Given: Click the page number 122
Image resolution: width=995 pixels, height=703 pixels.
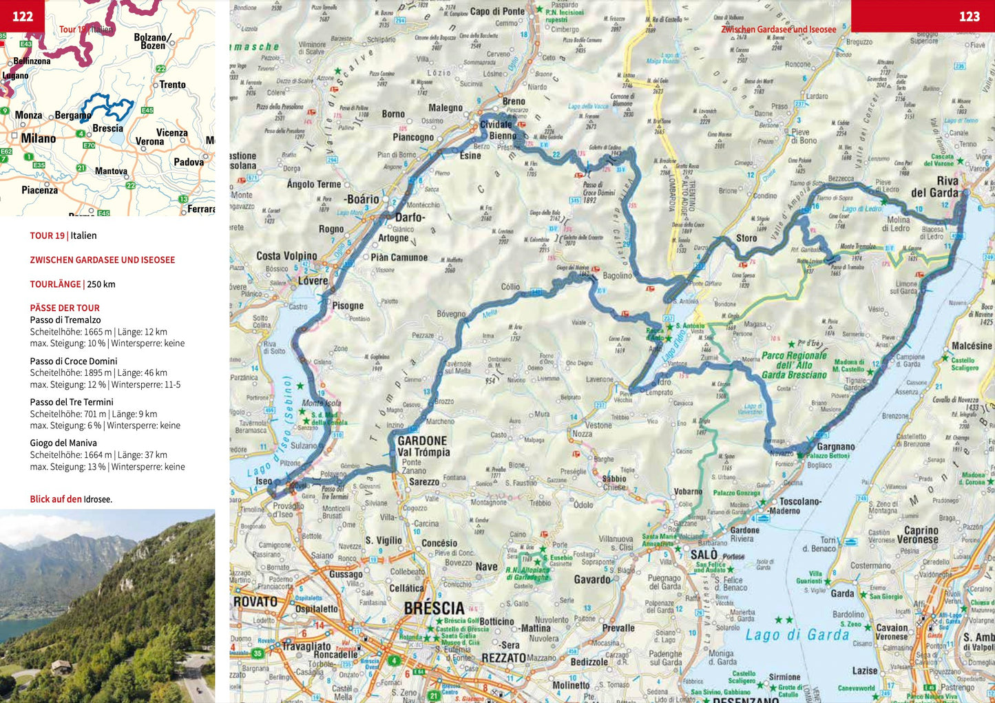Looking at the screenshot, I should [23, 17].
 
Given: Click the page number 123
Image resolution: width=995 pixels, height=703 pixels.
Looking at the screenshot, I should [969, 17].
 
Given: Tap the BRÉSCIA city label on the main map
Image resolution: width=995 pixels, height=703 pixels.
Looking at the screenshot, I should [434, 609].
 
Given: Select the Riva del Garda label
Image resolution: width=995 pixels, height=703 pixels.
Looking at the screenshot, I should [934, 187].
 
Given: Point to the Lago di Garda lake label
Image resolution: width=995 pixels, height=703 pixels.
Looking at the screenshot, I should [797, 635].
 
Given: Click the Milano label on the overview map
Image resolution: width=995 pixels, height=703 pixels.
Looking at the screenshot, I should [39, 138].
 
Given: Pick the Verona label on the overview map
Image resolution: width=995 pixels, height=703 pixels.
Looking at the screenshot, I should [149, 142].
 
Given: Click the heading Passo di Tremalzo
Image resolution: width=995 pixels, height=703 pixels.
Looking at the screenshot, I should [65, 319].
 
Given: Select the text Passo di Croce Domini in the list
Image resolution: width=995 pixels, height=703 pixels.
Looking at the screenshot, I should [74, 361].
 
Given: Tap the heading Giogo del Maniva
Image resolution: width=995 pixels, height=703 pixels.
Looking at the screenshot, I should [63, 443].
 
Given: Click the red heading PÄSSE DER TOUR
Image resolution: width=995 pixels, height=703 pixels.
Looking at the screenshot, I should [65, 308].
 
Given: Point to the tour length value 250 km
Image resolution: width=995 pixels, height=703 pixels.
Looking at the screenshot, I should [101, 284].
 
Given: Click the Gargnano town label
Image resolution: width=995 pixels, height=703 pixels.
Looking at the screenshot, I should [835, 447].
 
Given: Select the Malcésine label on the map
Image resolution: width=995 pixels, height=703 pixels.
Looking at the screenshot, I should [972, 346].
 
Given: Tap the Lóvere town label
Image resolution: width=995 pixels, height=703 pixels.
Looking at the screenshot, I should [313, 281].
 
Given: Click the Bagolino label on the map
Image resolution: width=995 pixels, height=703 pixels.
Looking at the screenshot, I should [617, 275].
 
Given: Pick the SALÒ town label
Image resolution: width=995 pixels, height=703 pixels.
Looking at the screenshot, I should [704, 555].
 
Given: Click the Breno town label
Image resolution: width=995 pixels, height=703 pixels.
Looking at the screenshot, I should [514, 101].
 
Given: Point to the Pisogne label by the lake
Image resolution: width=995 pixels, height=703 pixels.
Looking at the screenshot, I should [348, 306].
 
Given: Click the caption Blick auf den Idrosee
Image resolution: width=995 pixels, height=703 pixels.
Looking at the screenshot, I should [71, 499].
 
